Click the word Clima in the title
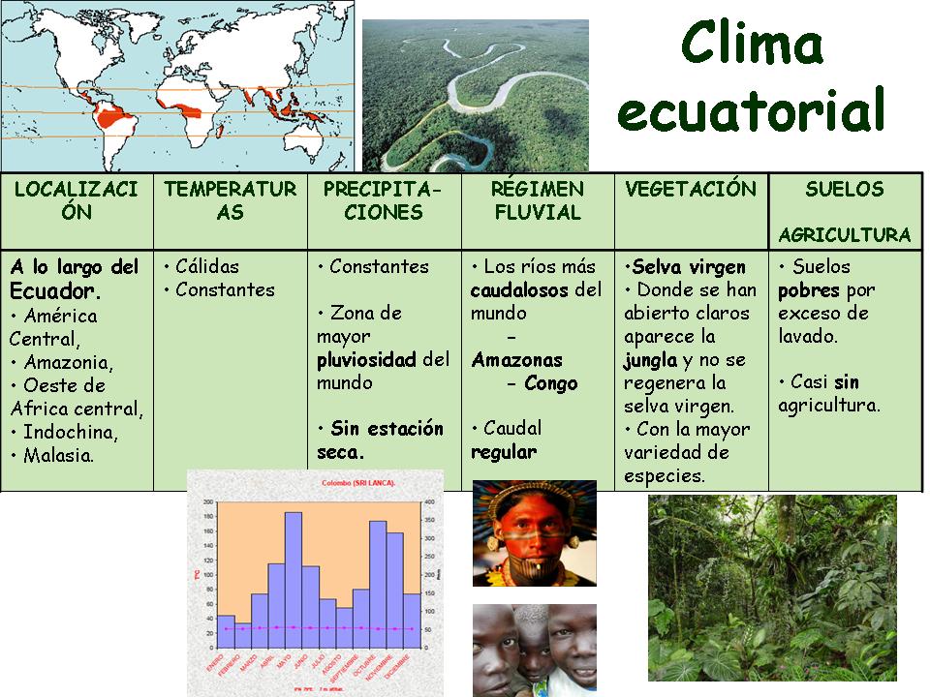pyautogui.click(x=752, y=44)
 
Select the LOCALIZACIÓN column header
pyautogui.click(x=77, y=200)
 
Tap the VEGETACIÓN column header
pyautogui.click(x=691, y=190)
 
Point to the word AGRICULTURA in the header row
pyautogui.click(x=845, y=235)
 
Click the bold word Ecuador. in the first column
pyautogui.click(x=55, y=290)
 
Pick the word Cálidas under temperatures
pyautogui.click(x=206, y=266)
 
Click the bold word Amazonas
pyautogui.click(x=516, y=360)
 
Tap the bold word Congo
pyautogui.click(x=550, y=383)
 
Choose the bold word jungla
pyautogui.click(x=649, y=360)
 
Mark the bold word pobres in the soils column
pyautogui.click(x=808, y=289)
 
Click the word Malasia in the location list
pyautogui.click(x=59, y=455)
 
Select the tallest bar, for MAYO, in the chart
pyautogui.click(x=294, y=571)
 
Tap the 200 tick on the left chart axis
pyautogui.click(x=207, y=502)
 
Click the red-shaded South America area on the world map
pyautogui.click(x=113, y=121)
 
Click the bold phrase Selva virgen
pyautogui.click(x=689, y=267)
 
